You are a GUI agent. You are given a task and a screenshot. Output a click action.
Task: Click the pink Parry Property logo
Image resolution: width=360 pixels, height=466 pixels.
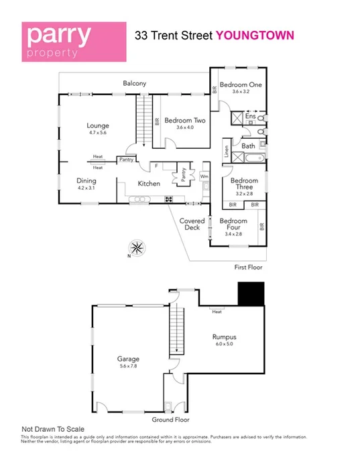(74, 40)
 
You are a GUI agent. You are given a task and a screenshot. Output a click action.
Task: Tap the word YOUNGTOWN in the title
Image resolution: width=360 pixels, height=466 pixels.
(254, 36)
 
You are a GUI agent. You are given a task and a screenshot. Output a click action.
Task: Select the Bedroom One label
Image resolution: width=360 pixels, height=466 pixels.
(241, 85)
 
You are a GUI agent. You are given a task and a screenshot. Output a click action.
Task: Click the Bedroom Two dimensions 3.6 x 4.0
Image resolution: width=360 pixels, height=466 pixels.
(185, 127)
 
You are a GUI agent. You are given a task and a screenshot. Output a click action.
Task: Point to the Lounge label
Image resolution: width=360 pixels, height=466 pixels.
(98, 125)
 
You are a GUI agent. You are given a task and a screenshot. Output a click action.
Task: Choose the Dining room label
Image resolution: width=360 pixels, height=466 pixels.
(86, 180)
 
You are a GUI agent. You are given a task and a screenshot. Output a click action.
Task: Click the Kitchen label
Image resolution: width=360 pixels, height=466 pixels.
(149, 184)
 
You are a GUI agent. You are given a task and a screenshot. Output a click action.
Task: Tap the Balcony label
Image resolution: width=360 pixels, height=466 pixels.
(135, 84)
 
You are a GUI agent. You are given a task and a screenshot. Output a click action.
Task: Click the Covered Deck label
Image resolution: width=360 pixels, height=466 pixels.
(192, 224)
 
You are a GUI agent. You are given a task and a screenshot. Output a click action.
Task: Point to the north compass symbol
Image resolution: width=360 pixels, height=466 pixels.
(137, 247)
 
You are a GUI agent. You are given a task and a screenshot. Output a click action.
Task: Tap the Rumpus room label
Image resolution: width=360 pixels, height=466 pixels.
(225, 337)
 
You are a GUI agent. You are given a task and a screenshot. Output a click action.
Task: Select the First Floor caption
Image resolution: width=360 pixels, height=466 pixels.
(248, 267)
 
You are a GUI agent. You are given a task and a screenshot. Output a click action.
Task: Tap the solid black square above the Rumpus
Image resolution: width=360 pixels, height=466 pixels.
(252, 292)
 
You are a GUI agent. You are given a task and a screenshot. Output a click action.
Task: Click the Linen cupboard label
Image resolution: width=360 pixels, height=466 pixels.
(227, 152)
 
